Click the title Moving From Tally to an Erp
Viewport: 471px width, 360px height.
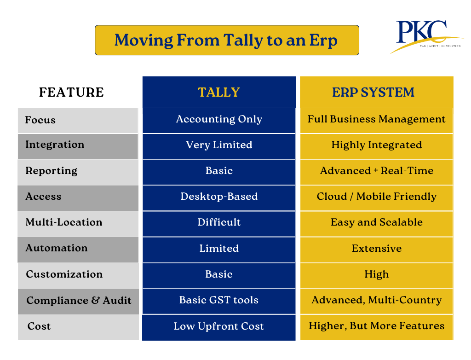coord(226,40)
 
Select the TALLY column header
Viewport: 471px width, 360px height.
coord(219,92)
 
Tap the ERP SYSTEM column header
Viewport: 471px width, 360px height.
coord(376,92)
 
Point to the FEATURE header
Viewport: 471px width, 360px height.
coord(71,92)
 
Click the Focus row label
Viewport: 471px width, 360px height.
coord(40,120)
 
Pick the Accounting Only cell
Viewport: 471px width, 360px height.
coord(219,119)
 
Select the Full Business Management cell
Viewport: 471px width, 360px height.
coord(376,119)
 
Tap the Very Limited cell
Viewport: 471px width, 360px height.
coord(219,145)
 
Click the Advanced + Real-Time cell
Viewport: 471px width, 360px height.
coord(376,171)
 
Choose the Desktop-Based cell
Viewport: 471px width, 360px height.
coord(219,197)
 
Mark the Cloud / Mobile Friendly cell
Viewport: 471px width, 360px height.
coord(376,197)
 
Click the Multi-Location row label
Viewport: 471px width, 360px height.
coord(64,222)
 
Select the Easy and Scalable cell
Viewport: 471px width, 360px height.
coord(376,222)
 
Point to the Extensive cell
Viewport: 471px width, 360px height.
coord(376,249)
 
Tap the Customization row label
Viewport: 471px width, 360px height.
coord(64,274)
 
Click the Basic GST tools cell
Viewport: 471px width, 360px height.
coord(219,300)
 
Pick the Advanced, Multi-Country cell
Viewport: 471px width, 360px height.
coord(376,300)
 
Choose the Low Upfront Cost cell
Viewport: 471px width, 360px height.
coord(219,326)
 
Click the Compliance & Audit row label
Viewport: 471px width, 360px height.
coord(79,301)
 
